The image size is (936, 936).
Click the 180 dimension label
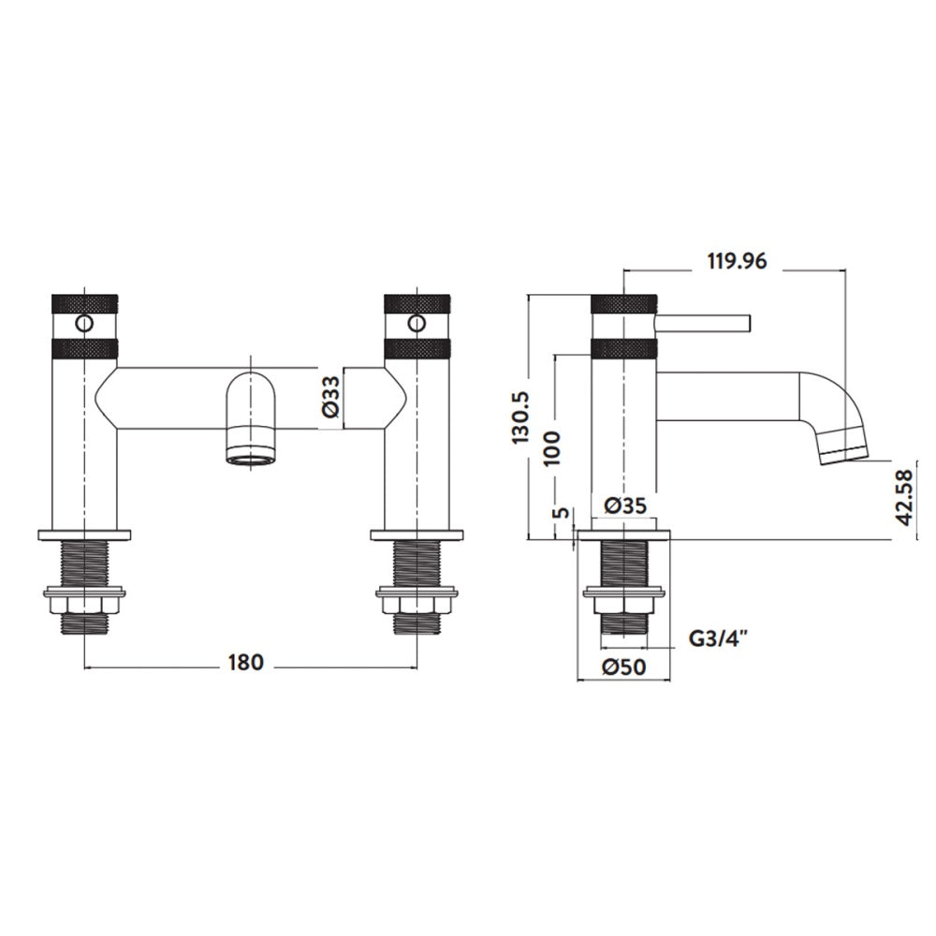[x=245, y=662]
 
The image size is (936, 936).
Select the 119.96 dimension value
[x=737, y=261]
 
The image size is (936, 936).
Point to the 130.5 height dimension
[x=520, y=417]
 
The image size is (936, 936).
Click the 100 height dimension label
[x=553, y=447]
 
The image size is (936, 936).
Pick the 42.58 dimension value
[x=905, y=497]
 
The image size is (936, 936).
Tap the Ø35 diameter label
[x=625, y=505]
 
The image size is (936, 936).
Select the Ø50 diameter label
[x=623, y=666]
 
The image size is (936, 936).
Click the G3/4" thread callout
[x=718, y=638]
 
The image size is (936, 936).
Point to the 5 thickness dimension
[x=562, y=512]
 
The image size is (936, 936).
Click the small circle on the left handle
[x=85, y=324]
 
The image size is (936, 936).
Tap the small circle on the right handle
[x=417, y=324]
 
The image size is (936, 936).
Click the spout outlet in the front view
[x=251, y=459]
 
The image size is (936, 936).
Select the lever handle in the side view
[x=703, y=322]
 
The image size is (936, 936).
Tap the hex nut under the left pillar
[x=85, y=606]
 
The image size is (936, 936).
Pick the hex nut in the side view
[x=623, y=606]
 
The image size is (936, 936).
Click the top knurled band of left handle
[x=85, y=302]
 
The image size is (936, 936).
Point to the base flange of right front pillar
[x=417, y=534]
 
